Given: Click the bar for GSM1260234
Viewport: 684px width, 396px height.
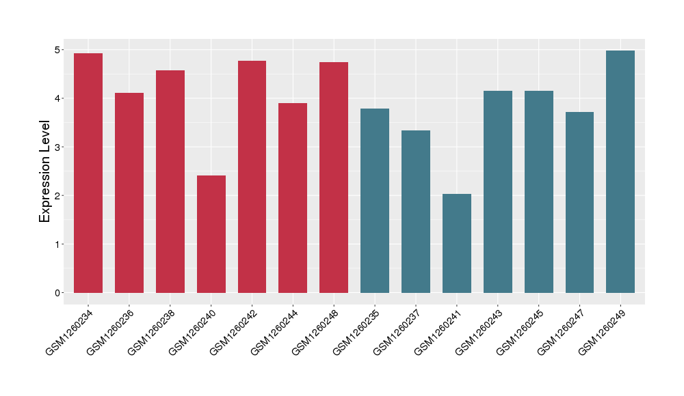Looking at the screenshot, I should click(x=88, y=173).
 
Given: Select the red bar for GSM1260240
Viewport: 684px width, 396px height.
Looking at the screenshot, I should click(x=211, y=234).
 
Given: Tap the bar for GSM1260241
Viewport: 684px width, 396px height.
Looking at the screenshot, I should click(x=457, y=243).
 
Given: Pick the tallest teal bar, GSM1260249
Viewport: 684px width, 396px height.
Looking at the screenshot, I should click(x=620, y=171).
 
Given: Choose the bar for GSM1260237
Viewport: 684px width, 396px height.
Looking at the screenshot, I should click(x=416, y=212).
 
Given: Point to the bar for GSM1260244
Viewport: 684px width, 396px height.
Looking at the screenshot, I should click(x=293, y=198).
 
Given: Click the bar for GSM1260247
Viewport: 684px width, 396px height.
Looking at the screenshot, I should click(x=579, y=202).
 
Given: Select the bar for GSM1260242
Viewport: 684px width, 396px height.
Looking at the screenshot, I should click(x=252, y=177).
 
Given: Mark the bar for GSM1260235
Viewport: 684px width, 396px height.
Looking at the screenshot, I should click(x=375, y=201).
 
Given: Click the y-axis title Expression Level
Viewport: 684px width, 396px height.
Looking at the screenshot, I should click(x=45, y=171).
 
